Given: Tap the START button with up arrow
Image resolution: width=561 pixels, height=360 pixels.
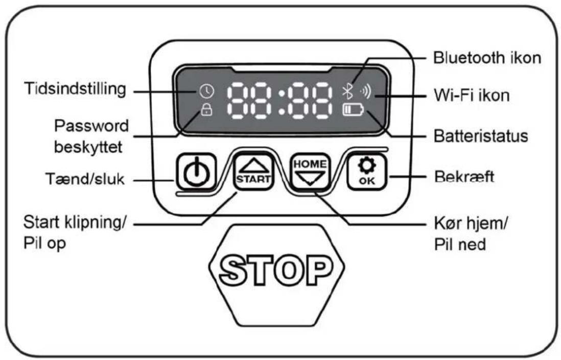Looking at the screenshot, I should [x=253, y=171].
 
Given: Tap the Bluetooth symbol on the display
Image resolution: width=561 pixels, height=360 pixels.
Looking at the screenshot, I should [x=348, y=93].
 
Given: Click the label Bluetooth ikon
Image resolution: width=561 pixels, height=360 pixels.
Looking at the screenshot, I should [x=486, y=58].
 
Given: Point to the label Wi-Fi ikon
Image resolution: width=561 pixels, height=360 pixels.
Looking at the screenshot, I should [x=471, y=95].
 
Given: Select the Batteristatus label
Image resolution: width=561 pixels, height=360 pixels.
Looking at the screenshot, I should [x=480, y=136].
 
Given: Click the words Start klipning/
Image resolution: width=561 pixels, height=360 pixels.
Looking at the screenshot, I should [x=75, y=223].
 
